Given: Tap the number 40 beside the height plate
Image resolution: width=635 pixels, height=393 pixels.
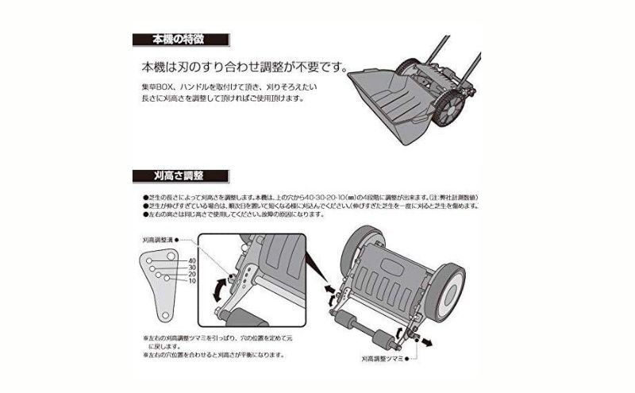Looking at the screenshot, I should point(192,260).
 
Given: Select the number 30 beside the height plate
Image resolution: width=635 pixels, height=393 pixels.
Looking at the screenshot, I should point(192,268).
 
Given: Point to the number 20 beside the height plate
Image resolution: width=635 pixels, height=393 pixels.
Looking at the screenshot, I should point(192,275).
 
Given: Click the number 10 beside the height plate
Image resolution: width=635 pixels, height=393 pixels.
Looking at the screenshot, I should point(192,282).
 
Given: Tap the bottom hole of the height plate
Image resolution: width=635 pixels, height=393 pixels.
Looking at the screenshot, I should point(164,315).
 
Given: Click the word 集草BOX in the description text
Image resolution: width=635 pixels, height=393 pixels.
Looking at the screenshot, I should point(156,84).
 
